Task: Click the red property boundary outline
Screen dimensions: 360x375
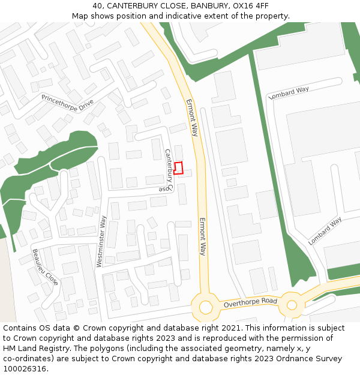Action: click(178, 168)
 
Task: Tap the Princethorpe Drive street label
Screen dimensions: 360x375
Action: click(67, 104)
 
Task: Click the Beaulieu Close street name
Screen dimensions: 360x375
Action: click(45, 266)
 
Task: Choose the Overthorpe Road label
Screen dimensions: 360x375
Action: click(250, 302)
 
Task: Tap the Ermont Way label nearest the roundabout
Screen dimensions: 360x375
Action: click(203, 236)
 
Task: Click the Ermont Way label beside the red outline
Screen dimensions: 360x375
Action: click(192, 118)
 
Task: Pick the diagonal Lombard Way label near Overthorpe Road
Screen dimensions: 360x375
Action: click(325, 231)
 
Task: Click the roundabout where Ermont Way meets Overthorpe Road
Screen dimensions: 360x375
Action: click(206, 307)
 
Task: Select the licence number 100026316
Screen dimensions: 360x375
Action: click(25, 369)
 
